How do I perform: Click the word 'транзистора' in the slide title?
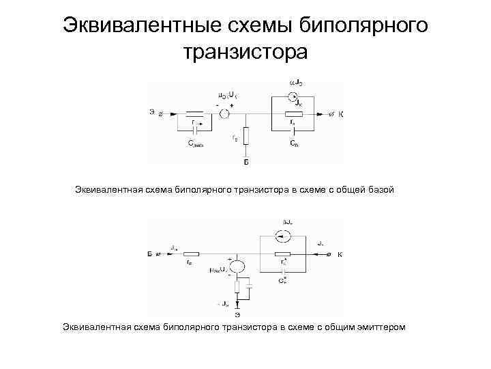click(x=245, y=51)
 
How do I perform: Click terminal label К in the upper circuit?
click(x=341, y=113)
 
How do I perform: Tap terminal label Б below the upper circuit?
click(x=246, y=163)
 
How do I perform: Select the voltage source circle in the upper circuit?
click(x=224, y=115)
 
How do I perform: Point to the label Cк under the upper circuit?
click(x=293, y=145)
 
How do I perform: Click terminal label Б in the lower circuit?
click(x=149, y=254)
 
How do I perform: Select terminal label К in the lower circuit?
click(x=339, y=254)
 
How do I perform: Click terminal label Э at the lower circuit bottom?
click(x=237, y=314)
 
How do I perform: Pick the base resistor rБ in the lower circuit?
click(x=191, y=254)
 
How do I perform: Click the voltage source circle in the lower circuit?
click(x=237, y=267)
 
